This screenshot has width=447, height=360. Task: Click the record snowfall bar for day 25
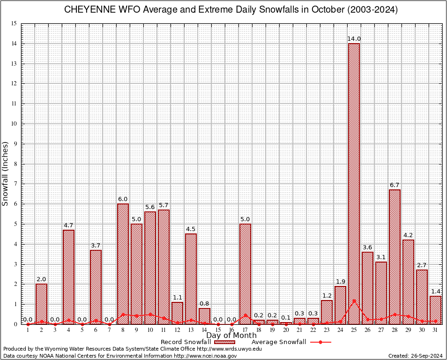click(354, 183)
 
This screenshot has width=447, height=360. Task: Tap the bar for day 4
click(68, 277)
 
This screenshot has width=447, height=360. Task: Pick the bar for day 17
click(245, 274)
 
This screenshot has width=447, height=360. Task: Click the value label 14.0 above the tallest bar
click(354, 38)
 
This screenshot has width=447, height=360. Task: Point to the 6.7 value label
click(395, 185)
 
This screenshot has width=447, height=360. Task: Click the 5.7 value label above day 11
click(164, 205)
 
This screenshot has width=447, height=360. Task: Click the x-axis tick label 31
click(436, 330)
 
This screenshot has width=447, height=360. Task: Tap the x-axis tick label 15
click(218, 330)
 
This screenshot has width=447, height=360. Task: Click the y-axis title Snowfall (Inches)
click(6, 173)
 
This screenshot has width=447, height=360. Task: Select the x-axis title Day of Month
click(231, 336)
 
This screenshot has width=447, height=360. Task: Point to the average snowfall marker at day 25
click(354, 300)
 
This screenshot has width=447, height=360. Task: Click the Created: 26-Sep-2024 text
click(416, 356)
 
